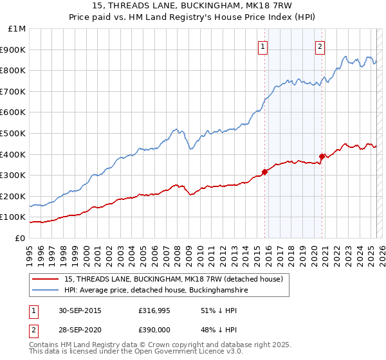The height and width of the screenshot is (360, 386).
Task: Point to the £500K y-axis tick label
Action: pos(14,133)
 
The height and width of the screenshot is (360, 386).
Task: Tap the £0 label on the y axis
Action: pos(21,238)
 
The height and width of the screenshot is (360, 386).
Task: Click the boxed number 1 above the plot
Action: pos(263,46)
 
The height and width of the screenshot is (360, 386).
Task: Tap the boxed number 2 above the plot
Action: pos(320,46)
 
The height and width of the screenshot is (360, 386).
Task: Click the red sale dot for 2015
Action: pos(264,172)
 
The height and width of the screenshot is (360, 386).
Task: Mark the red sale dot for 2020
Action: pos(322,156)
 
